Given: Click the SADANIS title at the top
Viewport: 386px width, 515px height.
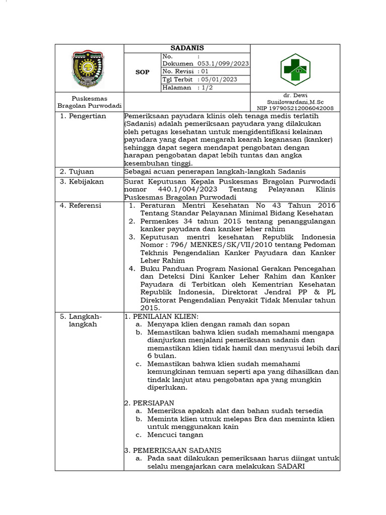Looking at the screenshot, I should (x=186, y=48).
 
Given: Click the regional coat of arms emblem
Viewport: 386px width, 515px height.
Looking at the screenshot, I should (x=89, y=68).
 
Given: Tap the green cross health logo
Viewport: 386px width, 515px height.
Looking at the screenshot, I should (x=295, y=68).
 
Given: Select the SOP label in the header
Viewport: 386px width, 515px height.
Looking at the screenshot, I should (x=143, y=72).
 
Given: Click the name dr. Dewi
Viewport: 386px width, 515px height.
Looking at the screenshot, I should (x=295, y=95).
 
